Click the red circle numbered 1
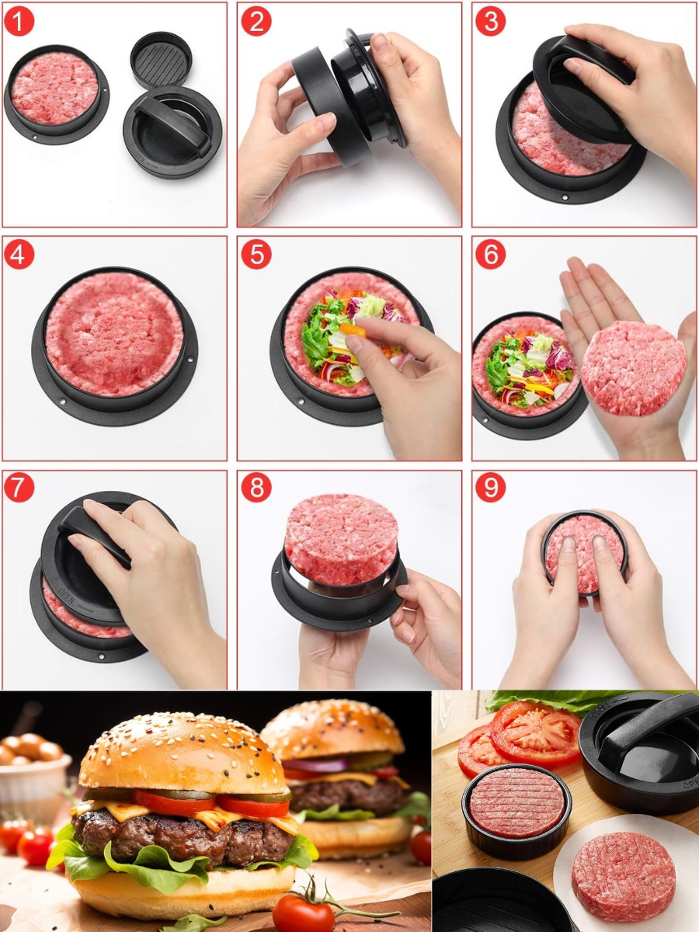point(19,21)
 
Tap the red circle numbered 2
point(256,21)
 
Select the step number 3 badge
point(491,21)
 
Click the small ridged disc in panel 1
point(162,60)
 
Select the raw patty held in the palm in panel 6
point(633,368)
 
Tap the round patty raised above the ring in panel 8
point(342,538)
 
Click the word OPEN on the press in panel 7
point(67,595)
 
